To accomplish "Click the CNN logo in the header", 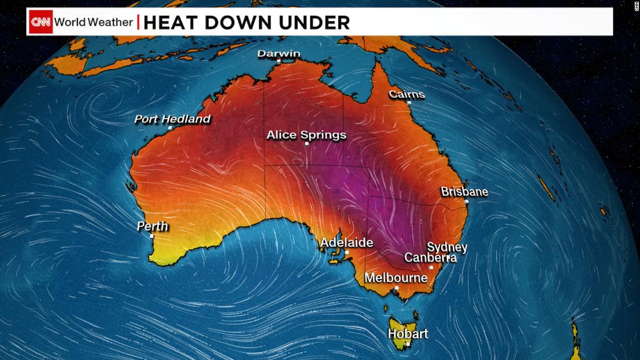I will point(41,22).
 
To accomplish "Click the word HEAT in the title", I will point(168,23).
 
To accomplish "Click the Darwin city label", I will point(279,54).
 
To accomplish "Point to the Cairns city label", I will point(407,94).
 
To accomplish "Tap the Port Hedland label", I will point(172,119).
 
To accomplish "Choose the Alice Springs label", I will point(306,135).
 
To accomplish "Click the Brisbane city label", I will point(464,191).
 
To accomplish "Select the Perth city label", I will point(152,226).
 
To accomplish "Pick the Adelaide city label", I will point(347,243).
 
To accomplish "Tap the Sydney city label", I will point(447,247).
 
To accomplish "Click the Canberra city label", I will point(430,257).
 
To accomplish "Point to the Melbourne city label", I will point(396,278).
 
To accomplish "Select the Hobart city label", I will point(408,334).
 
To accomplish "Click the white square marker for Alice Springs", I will point(307,144).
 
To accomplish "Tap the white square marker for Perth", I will point(152,236).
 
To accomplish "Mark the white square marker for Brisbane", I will point(466,201).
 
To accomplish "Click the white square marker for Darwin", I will point(279,61).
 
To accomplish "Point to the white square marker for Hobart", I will point(408,343).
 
